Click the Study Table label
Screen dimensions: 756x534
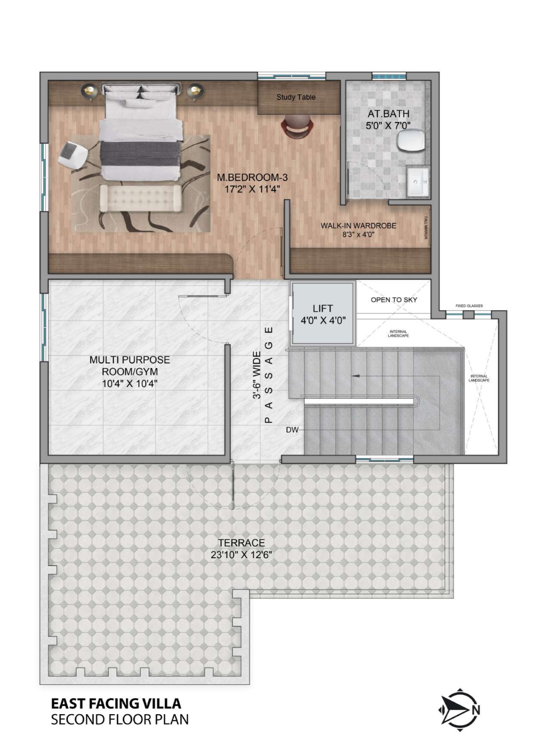click(296, 97)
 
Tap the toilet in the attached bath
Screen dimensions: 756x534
click(411, 141)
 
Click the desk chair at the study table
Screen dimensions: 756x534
click(297, 126)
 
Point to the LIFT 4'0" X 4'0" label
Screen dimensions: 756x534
click(323, 314)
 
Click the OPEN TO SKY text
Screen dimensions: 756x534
click(394, 300)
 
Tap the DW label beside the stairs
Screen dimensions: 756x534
click(292, 430)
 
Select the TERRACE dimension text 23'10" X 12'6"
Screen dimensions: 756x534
click(241, 555)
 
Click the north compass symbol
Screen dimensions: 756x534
click(459, 710)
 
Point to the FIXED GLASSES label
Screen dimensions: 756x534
click(469, 306)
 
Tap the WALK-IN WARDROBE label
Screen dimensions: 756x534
click(358, 226)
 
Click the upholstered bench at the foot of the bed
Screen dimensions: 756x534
click(140, 198)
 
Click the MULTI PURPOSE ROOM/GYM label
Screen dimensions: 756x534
click(130, 365)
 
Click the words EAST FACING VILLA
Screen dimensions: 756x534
click(116, 704)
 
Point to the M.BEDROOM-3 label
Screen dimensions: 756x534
click(252, 177)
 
